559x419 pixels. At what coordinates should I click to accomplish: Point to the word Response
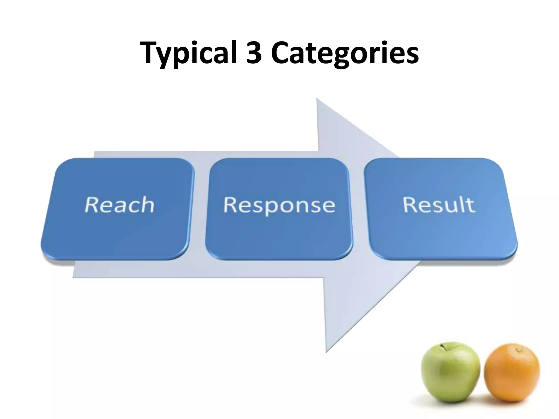tap(279, 205)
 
